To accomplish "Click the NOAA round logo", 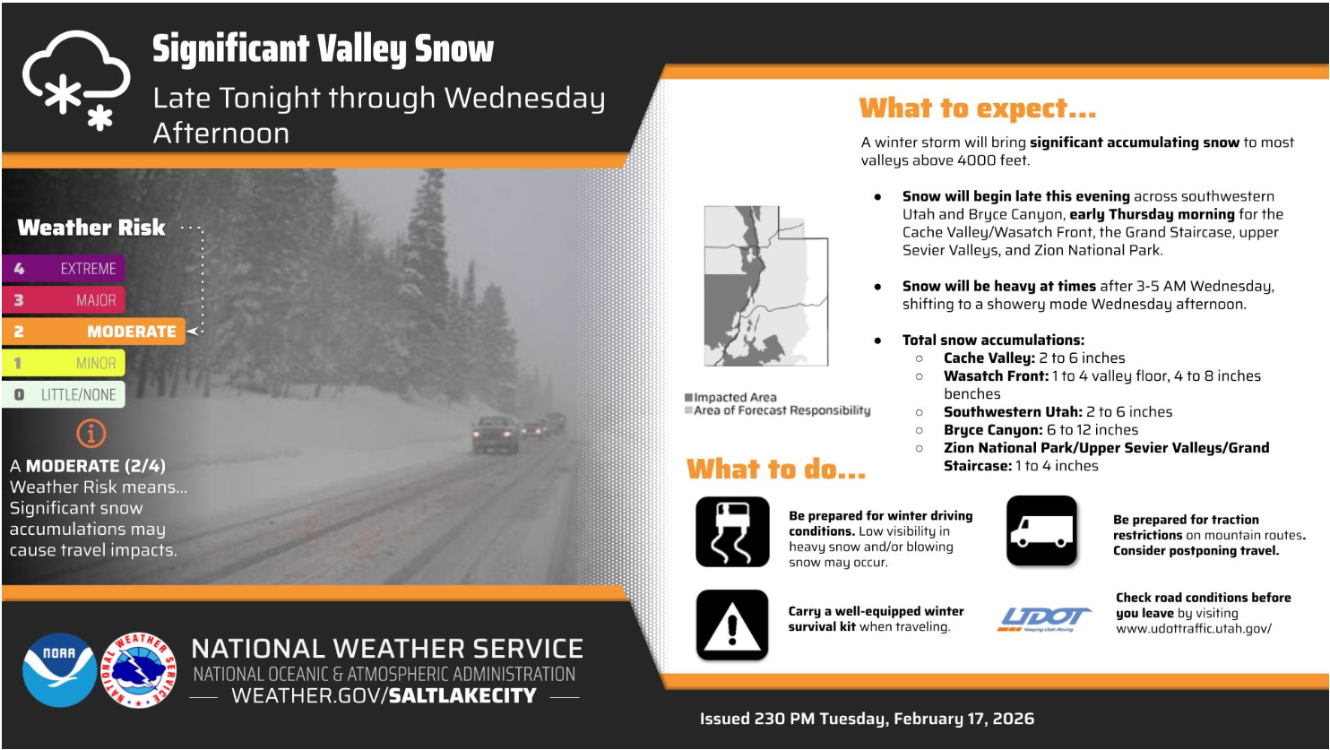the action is pos(59,670).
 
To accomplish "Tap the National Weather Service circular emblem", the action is pos(139,670).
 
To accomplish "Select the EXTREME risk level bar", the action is pos(64,269).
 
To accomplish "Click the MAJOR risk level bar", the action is pos(64,300).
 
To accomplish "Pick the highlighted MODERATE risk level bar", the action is pos(94,332).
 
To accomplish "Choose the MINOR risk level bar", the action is pos(64,363).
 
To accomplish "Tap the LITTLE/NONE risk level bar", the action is pos(64,394).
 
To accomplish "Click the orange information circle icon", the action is pos(91,434).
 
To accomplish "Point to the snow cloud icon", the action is pos(76,80).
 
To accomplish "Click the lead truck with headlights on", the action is pos(496,435).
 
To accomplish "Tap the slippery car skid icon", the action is pos(732,531).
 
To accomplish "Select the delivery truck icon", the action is pos(1041,530).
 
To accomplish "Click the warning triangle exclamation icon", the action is pos(732,625).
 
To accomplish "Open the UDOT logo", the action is pos(1044,620).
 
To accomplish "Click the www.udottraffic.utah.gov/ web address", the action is pos(1194,628).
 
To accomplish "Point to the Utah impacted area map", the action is pos(766,286).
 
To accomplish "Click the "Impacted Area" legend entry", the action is pos(730,397).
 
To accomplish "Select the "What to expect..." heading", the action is pos(977,108).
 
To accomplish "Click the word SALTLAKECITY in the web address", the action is pos(462,695).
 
